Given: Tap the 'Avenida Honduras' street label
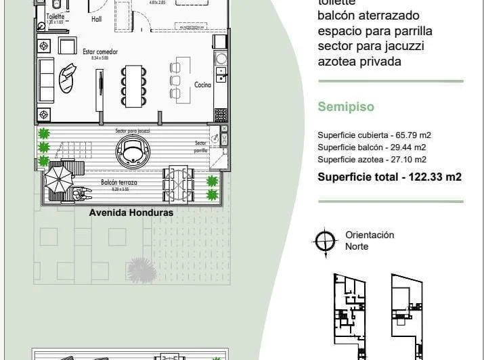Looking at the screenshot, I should click(x=131, y=212).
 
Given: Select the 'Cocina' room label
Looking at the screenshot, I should click(x=202, y=85).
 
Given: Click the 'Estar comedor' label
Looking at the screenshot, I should click(x=95, y=51).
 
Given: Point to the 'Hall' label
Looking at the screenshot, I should click(x=97, y=20).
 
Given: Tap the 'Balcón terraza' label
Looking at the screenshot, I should click(x=116, y=183).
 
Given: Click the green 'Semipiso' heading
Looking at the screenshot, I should click(x=346, y=107).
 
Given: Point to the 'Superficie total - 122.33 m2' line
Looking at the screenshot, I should click(x=389, y=177).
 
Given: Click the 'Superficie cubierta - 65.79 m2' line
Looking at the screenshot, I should click(x=374, y=135).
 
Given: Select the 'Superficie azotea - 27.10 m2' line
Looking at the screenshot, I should click(x=372, y=160).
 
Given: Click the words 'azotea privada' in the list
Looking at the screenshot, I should click(x=359, y=62).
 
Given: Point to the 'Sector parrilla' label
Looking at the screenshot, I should click(x=200, y=147).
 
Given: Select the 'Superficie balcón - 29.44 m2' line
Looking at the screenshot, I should click(x=372, y=148).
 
